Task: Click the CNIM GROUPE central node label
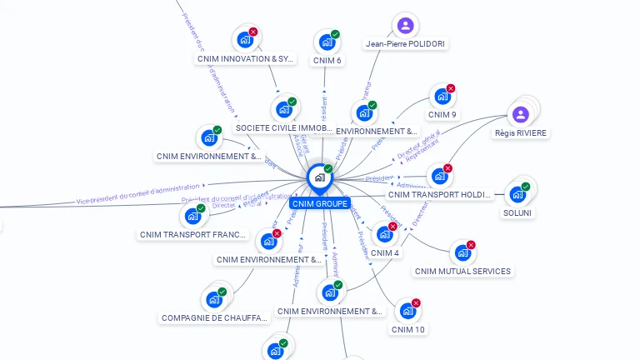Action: [320, 203]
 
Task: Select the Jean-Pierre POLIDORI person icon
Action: [405, 25]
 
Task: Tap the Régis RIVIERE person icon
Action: [521, 114]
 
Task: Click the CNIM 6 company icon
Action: [325, 42]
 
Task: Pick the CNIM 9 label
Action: [442, 115]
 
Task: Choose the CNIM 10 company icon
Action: [407, 311]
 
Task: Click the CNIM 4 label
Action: [385, 253]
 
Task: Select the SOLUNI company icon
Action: [517, 195]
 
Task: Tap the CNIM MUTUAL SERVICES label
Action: [463, 271]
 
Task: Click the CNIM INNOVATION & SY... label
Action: [246, 59]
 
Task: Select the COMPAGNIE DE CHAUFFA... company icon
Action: [213, 299]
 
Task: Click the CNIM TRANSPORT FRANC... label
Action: [193, 235]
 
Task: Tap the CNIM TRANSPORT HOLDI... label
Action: [440, 195]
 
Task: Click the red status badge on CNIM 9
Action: [451, 88]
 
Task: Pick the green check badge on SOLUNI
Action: [526, 187]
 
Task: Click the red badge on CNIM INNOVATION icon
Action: [253, 32]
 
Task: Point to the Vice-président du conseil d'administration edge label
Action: [138, 195]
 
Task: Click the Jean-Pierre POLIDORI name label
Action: [405, 44]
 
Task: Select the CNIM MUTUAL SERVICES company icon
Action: [462, 252]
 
